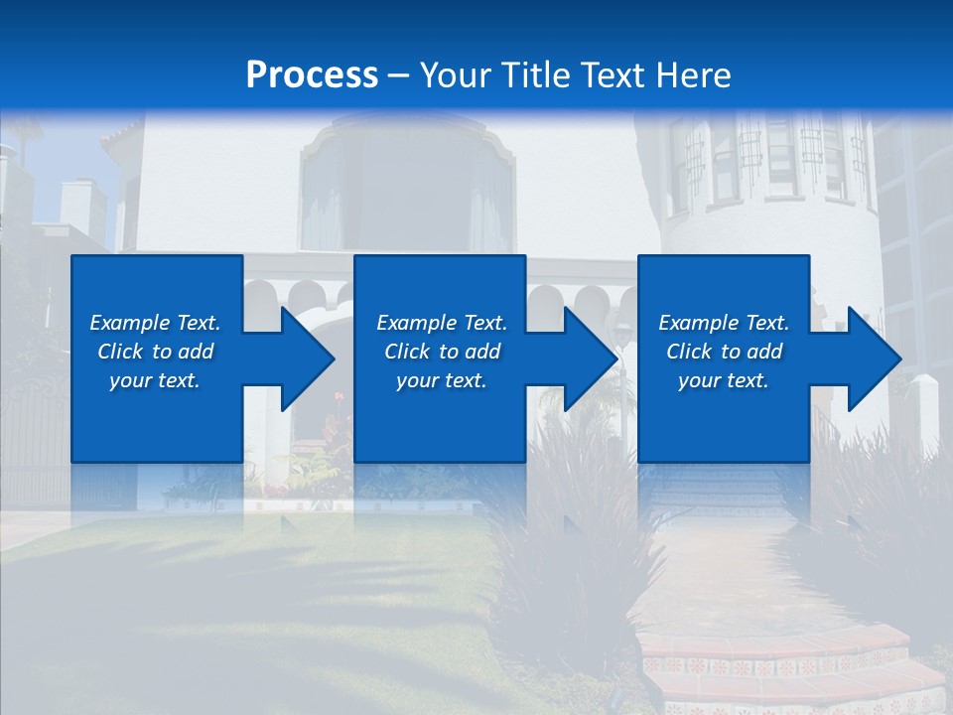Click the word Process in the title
(312, 74)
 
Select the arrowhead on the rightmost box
(871, 358)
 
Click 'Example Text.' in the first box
(155, 323)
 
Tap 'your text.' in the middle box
(442, 380)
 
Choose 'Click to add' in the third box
(724, 352)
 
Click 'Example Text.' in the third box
(724, 323)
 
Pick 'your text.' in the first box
(155, 380)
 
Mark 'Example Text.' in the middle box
(442, 323)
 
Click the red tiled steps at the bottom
(784, 665)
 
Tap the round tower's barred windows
(764, 159)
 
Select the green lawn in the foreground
(248, 596)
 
